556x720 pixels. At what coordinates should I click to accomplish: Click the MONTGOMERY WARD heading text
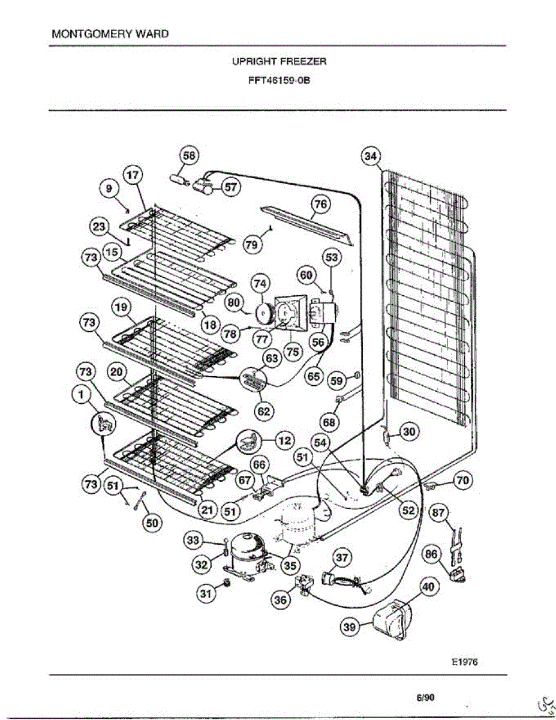coord(110,34)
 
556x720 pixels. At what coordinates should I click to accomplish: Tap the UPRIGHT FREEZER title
coord(279,61)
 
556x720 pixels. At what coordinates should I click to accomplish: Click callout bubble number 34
coord(371,157)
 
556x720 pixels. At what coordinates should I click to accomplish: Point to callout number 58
coord(190,156)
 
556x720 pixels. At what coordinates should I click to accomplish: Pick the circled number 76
coord(321,205)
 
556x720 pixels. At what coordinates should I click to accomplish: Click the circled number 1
coord(80,394)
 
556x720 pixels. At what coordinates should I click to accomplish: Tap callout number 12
coord(284,441)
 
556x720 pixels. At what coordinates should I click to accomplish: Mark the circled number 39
coord(349,627)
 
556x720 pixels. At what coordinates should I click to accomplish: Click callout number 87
coord(440,513)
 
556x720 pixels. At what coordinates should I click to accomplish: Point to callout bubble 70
coord(463,480)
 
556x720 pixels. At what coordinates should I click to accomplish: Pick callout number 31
coord(206,593)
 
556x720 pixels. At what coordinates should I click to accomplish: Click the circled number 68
coord(329,422)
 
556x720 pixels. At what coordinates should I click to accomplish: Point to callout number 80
coord(234,302)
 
